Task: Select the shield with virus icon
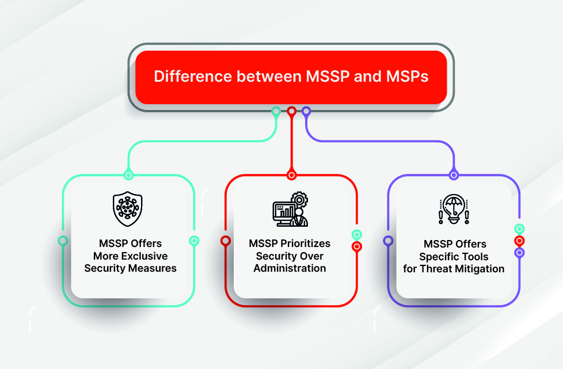[128, 209]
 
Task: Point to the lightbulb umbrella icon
[454, 209]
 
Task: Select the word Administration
[290, 268]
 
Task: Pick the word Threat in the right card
[433, 268]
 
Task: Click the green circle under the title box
[276, 111]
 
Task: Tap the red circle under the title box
[292, 111]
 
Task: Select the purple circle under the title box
[306, 111]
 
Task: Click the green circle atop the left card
[128, 175]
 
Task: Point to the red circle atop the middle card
[292, 175]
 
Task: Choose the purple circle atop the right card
[454, 175]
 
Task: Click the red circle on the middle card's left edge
[226, 241]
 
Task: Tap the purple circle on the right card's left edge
[389, 241]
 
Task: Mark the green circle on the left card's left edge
[63, 241]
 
